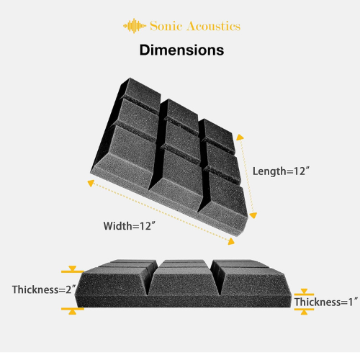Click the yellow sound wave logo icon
click(135, 26)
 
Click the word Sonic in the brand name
click(166, 26)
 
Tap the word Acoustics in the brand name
click(214, 26)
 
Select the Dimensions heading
click(181, 50)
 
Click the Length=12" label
click(281, 171)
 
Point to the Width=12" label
click(130, 226)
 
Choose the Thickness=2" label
click(44, 289)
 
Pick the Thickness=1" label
click(326, 302)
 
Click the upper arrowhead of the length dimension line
click(240, 137)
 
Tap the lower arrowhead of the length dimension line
click(253, 215)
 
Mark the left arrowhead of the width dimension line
click(91, 183)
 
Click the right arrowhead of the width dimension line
click(231, 241)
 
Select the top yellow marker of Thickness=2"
click(73, 270)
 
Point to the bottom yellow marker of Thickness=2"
click(73, 311)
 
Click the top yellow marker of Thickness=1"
click(304, 292)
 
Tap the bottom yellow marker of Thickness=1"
click(304, 311)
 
